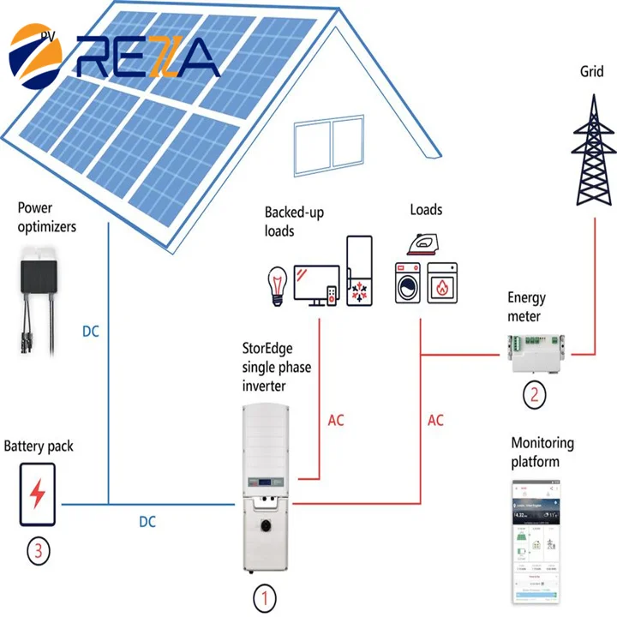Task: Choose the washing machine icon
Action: tap(409, 283)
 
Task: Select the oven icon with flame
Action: tap(442, 283)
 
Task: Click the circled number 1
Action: tap(265, 596)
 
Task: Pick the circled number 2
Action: tap(536, 395)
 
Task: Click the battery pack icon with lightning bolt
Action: tap(37, 494)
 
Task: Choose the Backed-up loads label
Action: tap(294, 221)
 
